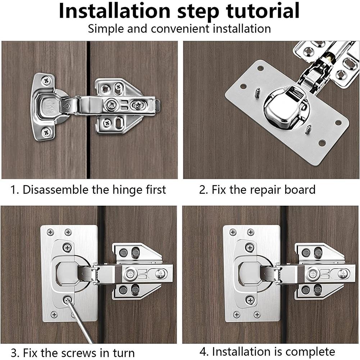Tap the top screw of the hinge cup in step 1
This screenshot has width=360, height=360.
point(46,81)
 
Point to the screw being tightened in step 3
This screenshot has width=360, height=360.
point(67,299)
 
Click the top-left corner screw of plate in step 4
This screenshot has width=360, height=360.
point(233,232)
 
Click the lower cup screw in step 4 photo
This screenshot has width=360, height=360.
point(250,300)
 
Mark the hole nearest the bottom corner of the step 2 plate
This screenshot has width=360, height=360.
point(322,143)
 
